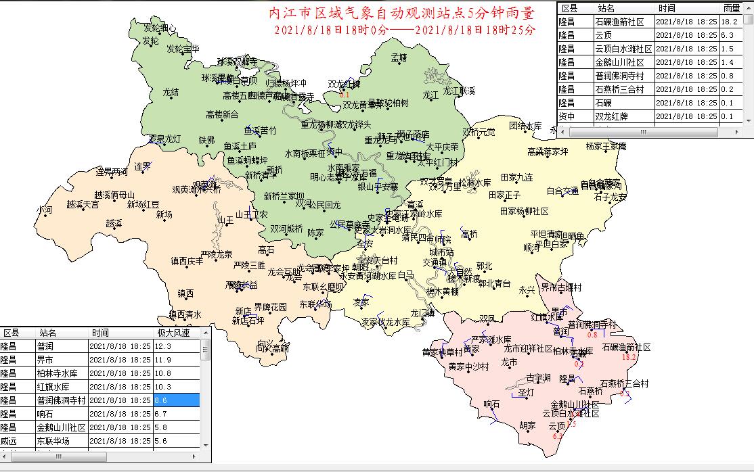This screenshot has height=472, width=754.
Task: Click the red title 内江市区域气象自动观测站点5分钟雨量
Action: (401, 14)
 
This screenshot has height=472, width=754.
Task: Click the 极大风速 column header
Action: (174, 333)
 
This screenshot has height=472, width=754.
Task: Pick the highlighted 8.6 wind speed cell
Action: (177, 400)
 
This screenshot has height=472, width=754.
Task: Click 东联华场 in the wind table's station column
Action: (53, 441)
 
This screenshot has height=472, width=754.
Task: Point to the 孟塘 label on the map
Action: (399, 58)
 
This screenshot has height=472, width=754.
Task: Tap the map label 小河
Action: (45, 210)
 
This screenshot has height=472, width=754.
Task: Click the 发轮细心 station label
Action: (160, 28)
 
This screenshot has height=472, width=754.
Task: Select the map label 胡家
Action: (527, 426)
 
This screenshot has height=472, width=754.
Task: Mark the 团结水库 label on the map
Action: (526, 126)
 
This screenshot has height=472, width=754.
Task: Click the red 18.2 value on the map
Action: (629, 356)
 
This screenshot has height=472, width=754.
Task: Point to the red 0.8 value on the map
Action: (592, 335)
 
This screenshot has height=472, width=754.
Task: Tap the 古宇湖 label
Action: (538, 377)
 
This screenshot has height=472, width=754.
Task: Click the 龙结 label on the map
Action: (171, 91)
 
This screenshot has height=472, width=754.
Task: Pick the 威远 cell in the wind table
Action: (9, 441)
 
